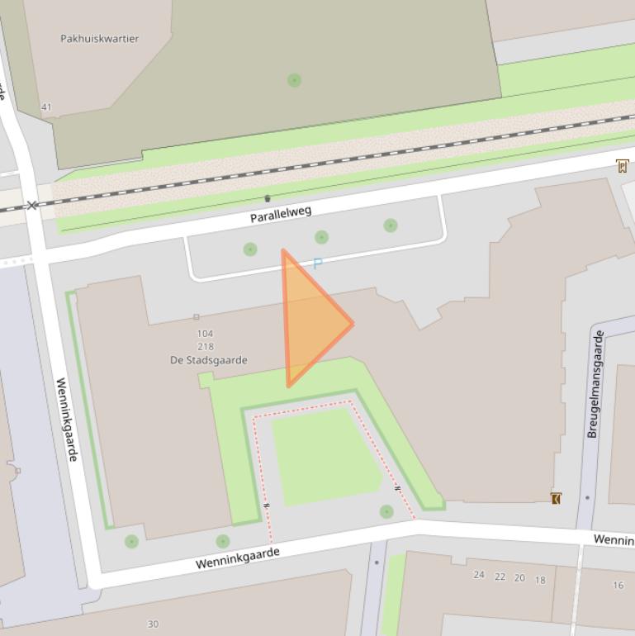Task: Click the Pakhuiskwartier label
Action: coord(100,39)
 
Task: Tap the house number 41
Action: coord(46,107)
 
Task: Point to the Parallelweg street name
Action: coord(281,215)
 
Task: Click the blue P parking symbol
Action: coord(317,264)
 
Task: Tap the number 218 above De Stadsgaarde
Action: coord(206,347)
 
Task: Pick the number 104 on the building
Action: coord(205,334)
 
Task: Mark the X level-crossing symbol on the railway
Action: coord(32,205)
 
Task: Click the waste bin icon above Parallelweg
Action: coord(268,198)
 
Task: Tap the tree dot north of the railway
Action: coord(294,80)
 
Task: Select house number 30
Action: coord(153,624)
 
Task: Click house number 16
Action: coord(618,585)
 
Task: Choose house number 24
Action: coord(479,574)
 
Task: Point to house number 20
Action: coord(519,578)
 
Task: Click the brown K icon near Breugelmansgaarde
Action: coord(556,498)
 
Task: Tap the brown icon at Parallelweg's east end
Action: coord(622,166)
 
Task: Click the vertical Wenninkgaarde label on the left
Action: coord(67,420)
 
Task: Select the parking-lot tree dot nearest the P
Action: coord(321,237)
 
